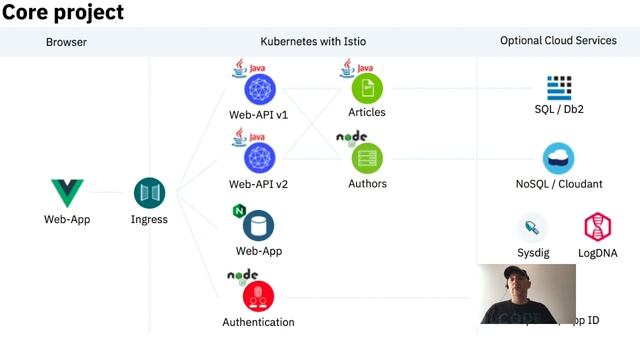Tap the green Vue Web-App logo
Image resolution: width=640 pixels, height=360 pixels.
click(x=67, y=192)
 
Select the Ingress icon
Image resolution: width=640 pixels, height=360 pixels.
click(x=149, y=192)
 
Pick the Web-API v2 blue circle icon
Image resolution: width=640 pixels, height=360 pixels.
click(x=259, y=156)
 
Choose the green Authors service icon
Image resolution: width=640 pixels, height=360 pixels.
click(x=367, y=156)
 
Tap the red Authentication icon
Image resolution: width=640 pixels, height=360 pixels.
click(x=258, y=296)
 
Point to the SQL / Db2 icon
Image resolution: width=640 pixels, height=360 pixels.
click(x=559, y=87)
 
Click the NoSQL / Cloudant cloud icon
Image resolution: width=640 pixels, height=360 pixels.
click(x=558, y=158)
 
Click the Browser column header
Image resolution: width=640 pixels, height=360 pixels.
click(x=66, y=42)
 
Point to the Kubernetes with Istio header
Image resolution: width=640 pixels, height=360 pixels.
click(x=313, y=42)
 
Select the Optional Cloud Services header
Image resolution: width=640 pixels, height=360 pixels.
click(x=558, y=42)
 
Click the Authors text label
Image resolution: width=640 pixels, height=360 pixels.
click(x=367, y=184)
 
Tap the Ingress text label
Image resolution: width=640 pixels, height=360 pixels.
click(x=149, y=220)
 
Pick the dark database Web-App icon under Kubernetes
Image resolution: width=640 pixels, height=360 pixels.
click(x=258, y=226)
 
